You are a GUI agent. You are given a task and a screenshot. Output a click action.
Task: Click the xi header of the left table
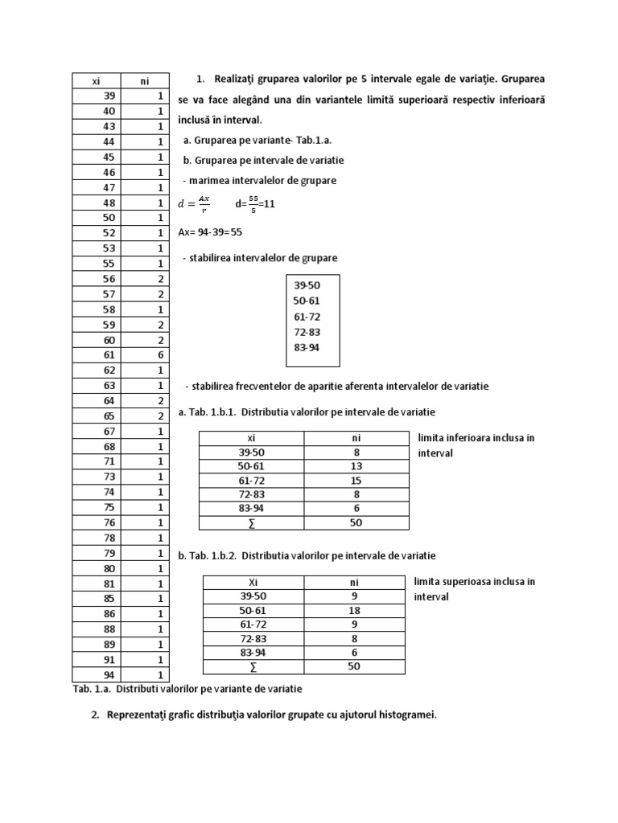(x=96, y=80)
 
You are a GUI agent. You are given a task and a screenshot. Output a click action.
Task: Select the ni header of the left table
(x=145, y=80)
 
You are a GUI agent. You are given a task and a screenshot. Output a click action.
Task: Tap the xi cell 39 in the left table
(x=109, y=96)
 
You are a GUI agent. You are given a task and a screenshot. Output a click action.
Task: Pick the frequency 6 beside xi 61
(x=160, y=354)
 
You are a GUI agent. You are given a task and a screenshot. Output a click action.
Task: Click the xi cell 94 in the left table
(x=109, y=674)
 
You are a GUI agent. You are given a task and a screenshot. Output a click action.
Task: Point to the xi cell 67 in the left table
(x=109, y=431)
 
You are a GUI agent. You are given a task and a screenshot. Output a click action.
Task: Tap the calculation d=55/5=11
(x=255, y=204)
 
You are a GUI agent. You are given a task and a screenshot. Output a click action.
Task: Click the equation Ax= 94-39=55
(x=210, y=231)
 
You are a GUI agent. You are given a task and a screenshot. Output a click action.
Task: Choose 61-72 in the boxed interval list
(x=307, y=317)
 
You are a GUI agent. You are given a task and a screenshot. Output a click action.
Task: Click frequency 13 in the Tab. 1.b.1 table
(x=356, y=466)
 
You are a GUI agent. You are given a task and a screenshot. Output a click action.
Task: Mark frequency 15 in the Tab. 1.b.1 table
(x=356, y=480)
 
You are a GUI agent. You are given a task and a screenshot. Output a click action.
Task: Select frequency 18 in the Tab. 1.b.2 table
(x=354, y=611)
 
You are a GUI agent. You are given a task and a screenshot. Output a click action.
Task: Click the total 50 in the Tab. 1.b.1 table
(x=356, y=522)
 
